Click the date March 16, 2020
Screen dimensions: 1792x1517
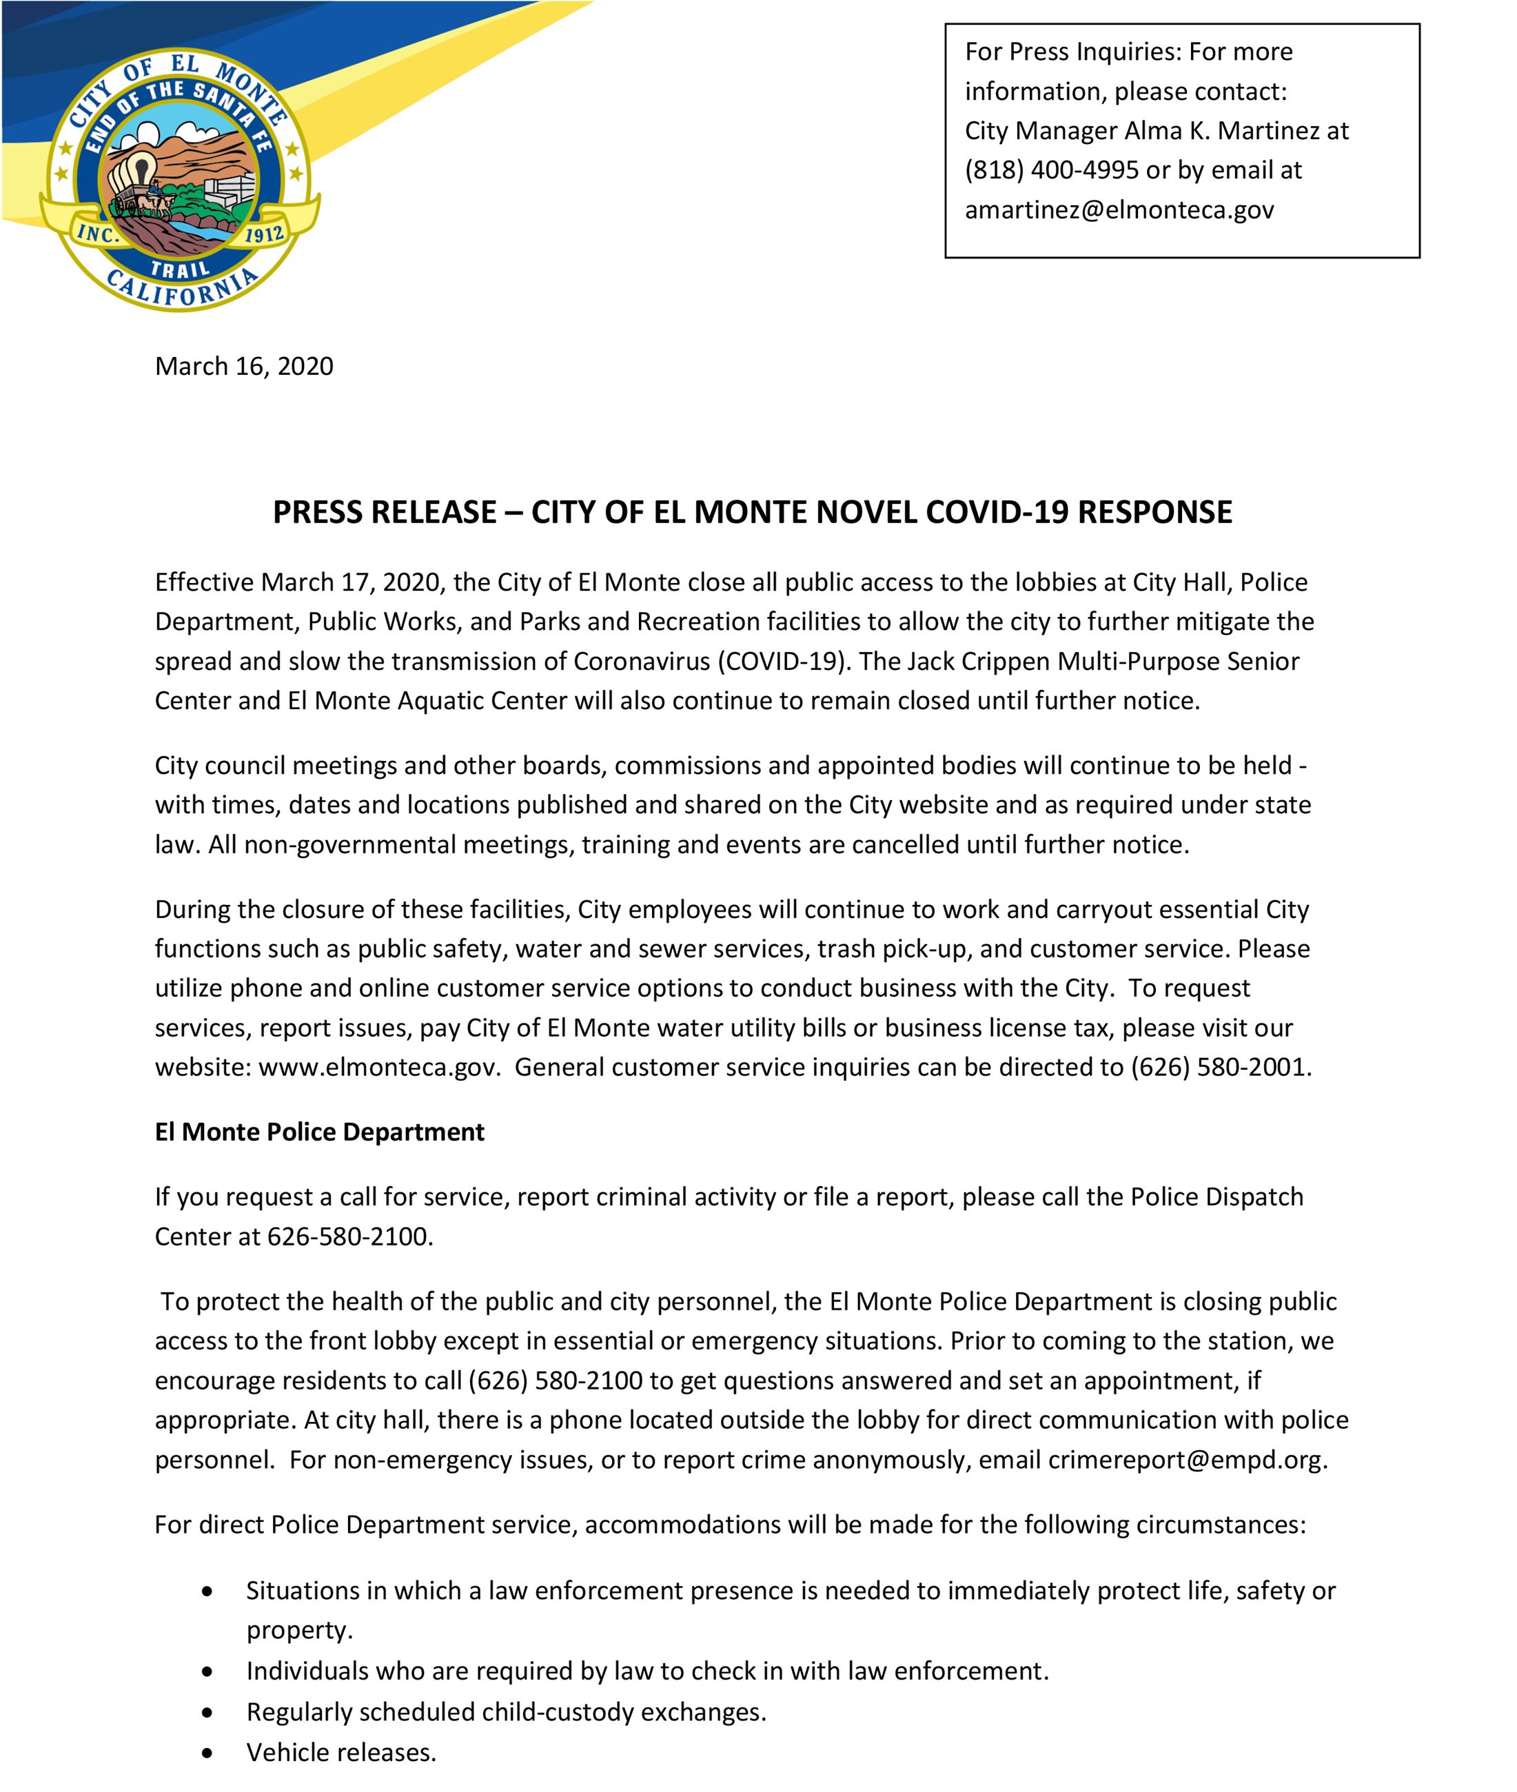click(243, 366)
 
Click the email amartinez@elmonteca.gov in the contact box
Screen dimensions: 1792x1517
click(1119, 210)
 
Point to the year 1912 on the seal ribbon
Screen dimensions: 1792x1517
click(264, 234)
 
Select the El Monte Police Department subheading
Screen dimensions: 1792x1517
click(319, 1132)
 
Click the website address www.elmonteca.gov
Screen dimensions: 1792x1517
click(378, 1067)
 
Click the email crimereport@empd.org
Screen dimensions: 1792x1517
click(1186, 1459)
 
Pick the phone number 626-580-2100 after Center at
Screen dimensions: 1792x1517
click(347, 1236)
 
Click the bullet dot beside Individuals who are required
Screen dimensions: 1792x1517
click(206, 1671)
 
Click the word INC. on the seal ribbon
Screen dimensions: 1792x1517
click(97, 233)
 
